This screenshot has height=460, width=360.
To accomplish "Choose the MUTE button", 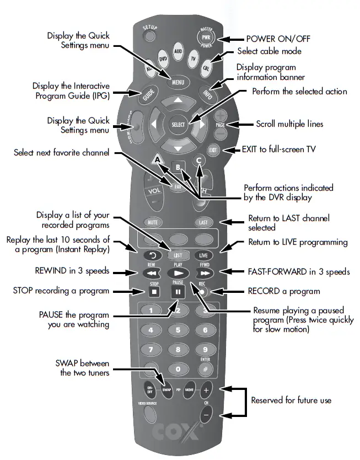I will pos(152,222).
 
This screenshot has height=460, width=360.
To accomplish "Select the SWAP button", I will pos(168,389).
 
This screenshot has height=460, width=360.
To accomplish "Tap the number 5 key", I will pos(178,330).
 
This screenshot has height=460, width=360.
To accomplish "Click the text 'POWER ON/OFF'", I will pos(277,40).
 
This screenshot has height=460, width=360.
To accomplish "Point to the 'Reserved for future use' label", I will pos(292,400).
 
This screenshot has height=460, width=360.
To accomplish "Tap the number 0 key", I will pos(178,368).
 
